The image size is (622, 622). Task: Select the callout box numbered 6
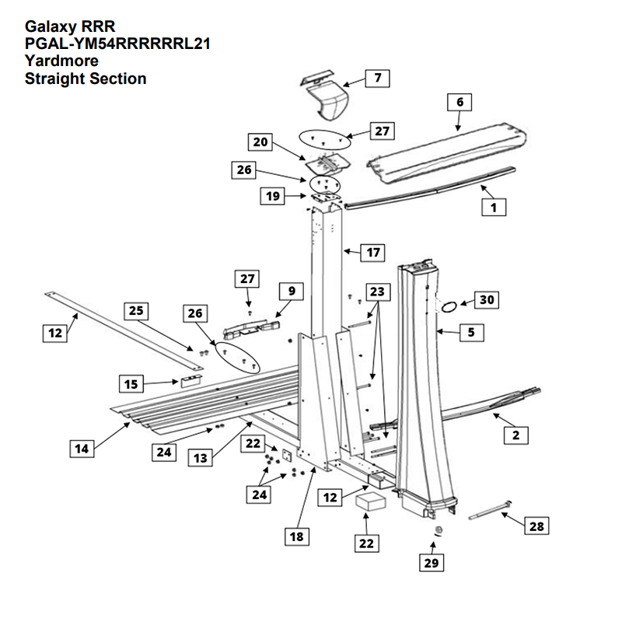(x=460, y=102)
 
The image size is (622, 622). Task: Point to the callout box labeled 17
(x=374, y=252)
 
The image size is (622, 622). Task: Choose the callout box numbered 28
(x=535, y=526)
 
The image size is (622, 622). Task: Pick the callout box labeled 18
(x=296, y=536)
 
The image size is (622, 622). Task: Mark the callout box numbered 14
(x=80, y=448)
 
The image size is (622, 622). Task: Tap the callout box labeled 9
(x=291, y=291)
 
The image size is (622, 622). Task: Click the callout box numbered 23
(x=377, y=292)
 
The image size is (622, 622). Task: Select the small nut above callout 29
(x=439, y=531)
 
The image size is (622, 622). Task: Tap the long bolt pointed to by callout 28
(x=489, y=512)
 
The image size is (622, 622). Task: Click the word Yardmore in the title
(x=61, y=61)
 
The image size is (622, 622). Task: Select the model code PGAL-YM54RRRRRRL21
(x=117, y=44)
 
